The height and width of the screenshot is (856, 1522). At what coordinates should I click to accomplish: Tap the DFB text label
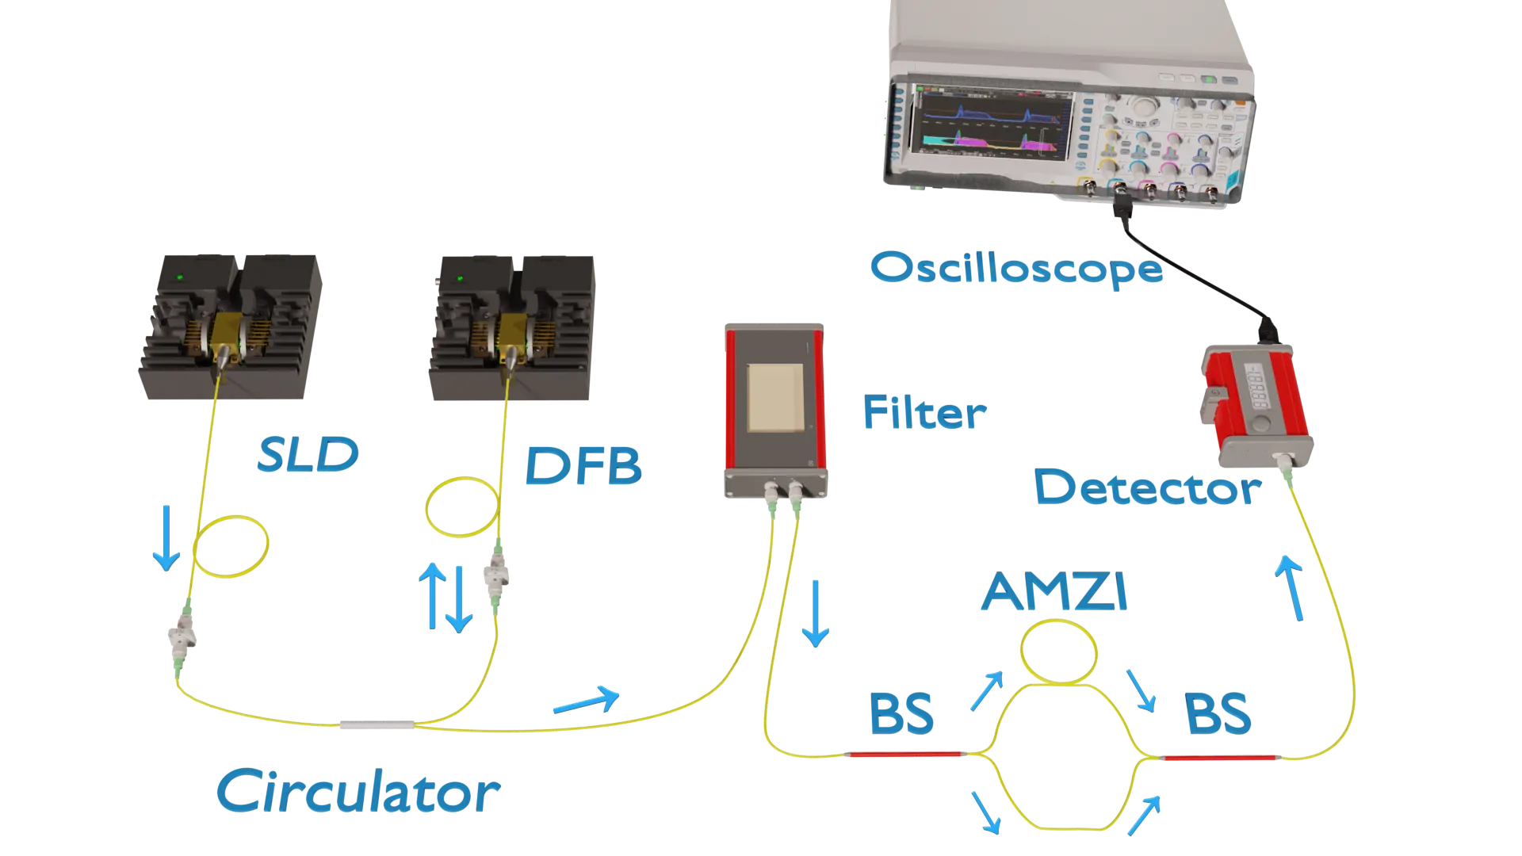[x=583, y=465]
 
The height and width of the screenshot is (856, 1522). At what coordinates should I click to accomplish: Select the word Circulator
[x=358, y=792]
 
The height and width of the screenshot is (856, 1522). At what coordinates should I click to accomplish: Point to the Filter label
[x=924, y=412]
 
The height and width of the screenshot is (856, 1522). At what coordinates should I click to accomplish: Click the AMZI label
[x=1054, y=594]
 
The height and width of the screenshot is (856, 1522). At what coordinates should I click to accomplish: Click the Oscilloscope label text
[x=1017, y=269]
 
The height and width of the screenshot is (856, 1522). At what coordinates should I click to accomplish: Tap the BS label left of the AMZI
[x=901, y=713]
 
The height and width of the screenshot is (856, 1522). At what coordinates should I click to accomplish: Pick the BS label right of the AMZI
[x=1218, y=713]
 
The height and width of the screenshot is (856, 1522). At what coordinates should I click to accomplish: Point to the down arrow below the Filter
[x=815, y=614]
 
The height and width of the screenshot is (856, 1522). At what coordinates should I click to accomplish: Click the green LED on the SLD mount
[x=181, y=277]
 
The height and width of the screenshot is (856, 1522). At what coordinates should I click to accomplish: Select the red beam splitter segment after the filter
[x=904, y=754]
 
